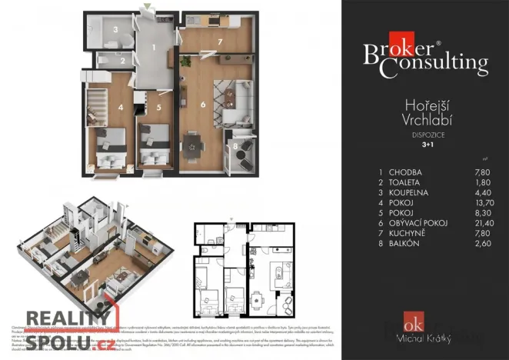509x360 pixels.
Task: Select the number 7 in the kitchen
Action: pos(219,41)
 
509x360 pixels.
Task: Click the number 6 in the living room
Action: pos(203,104)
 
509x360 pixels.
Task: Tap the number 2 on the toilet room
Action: pos(121,59)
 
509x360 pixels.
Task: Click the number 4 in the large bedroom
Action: pos(120,108)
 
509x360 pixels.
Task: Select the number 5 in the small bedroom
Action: pos(158,108)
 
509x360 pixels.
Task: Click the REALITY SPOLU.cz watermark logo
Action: pos(69,327)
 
